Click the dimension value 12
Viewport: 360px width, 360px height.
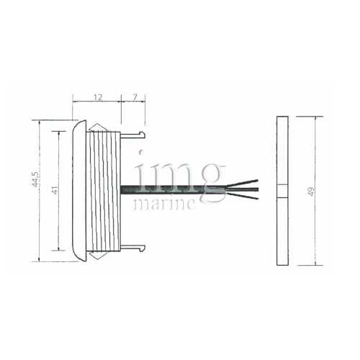pos(98,96)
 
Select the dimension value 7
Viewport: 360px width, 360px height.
pos(135,96)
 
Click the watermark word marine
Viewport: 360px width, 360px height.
pos(165,204)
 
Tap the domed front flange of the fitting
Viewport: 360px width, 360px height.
pos(79,191)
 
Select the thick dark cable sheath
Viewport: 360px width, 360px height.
pos(173,189)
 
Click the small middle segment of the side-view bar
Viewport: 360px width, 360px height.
pos(282,191)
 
